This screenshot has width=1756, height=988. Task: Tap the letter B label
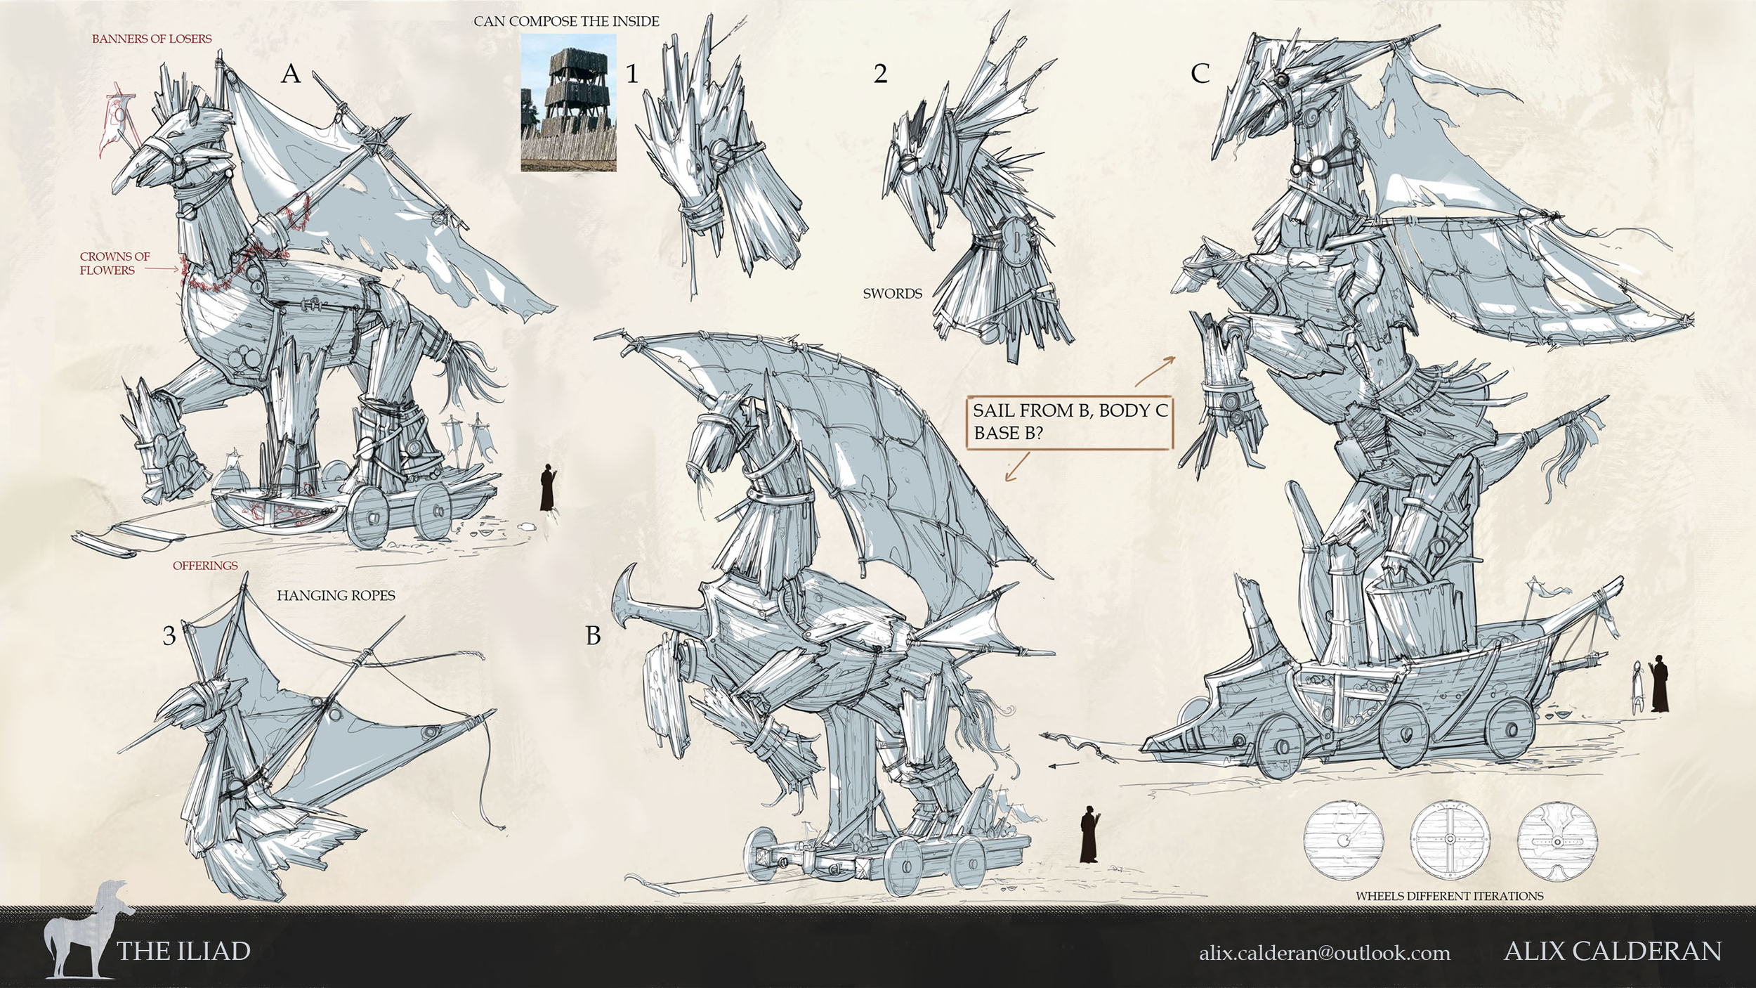coord(594,636)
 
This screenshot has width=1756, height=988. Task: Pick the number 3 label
coord(169,636)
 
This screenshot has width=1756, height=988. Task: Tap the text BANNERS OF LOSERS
coord(152,39)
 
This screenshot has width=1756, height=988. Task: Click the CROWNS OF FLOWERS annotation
coord(114,263)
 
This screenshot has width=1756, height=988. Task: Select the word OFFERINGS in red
coord(205,566)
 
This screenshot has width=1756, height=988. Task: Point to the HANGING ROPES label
coord(336,595)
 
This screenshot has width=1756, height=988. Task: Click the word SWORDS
coord(892,294)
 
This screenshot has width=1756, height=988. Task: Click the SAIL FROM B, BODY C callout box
coord(1070,422)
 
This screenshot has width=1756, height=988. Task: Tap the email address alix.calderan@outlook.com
coord(1325,953)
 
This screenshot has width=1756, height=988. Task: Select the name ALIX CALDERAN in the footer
coord(1613,951)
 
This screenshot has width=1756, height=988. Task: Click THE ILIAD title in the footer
coord(183,951)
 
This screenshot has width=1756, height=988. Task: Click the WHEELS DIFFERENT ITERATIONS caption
coord(1449,896)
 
